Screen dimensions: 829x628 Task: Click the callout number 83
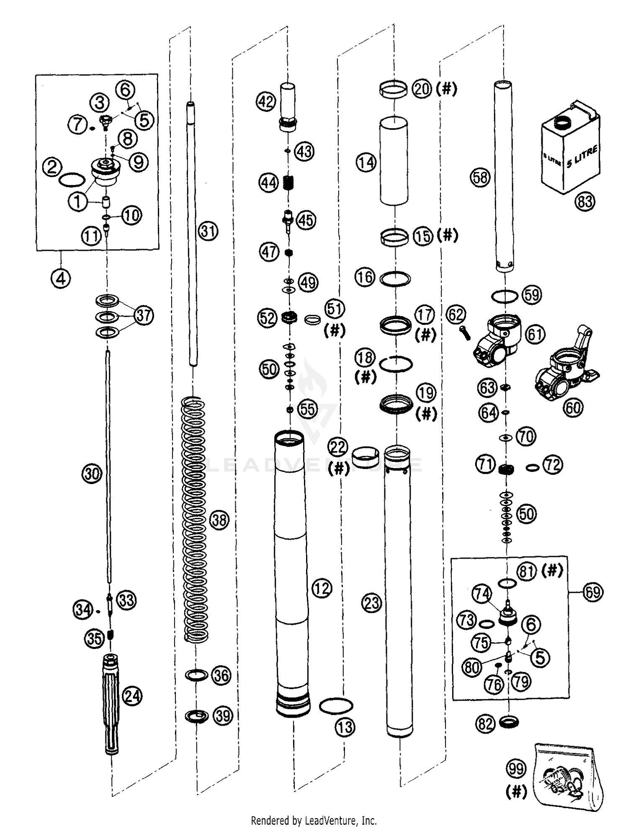585,202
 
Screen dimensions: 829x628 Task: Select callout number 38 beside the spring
219,520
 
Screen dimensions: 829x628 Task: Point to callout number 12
322,589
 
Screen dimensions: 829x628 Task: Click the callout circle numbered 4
61,278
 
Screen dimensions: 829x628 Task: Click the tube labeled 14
394,161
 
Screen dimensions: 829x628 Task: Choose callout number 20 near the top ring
422,89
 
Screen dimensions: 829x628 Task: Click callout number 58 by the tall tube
480,177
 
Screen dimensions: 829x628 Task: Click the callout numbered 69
593,592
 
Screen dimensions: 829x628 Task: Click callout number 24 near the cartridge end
133,696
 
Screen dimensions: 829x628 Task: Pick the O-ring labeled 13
336,706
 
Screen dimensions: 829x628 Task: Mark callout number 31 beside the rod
208,231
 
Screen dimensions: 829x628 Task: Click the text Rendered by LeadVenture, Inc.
314,820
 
